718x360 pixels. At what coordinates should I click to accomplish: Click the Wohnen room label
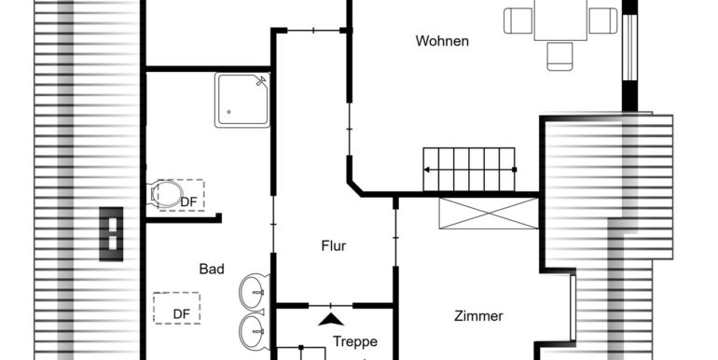point(442,41)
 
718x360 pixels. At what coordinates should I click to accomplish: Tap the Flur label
point(333,246)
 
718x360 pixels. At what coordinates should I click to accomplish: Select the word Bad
point(212,270)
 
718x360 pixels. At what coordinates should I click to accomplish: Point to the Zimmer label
point(479,316)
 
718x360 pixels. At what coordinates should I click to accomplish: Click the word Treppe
point(354,341)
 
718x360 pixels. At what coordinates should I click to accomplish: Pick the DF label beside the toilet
point(188,201)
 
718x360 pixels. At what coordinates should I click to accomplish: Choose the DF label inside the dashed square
point(180,314)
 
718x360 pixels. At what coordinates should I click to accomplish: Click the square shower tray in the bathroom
point(242,100)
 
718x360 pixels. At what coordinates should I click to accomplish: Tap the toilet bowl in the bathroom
point(167,194)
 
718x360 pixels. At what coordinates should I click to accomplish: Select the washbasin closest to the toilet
point(253,291)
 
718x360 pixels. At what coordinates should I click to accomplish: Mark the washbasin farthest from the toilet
point(253,328)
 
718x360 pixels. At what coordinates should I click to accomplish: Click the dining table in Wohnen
point(560,20)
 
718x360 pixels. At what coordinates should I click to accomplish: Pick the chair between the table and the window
point(603,20)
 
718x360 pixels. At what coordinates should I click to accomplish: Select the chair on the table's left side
point(518,20)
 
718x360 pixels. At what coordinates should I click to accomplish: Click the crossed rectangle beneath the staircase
point(489,213)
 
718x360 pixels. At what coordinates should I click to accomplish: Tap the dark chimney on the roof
point(111,231)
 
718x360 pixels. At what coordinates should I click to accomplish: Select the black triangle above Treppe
point(327,319)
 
